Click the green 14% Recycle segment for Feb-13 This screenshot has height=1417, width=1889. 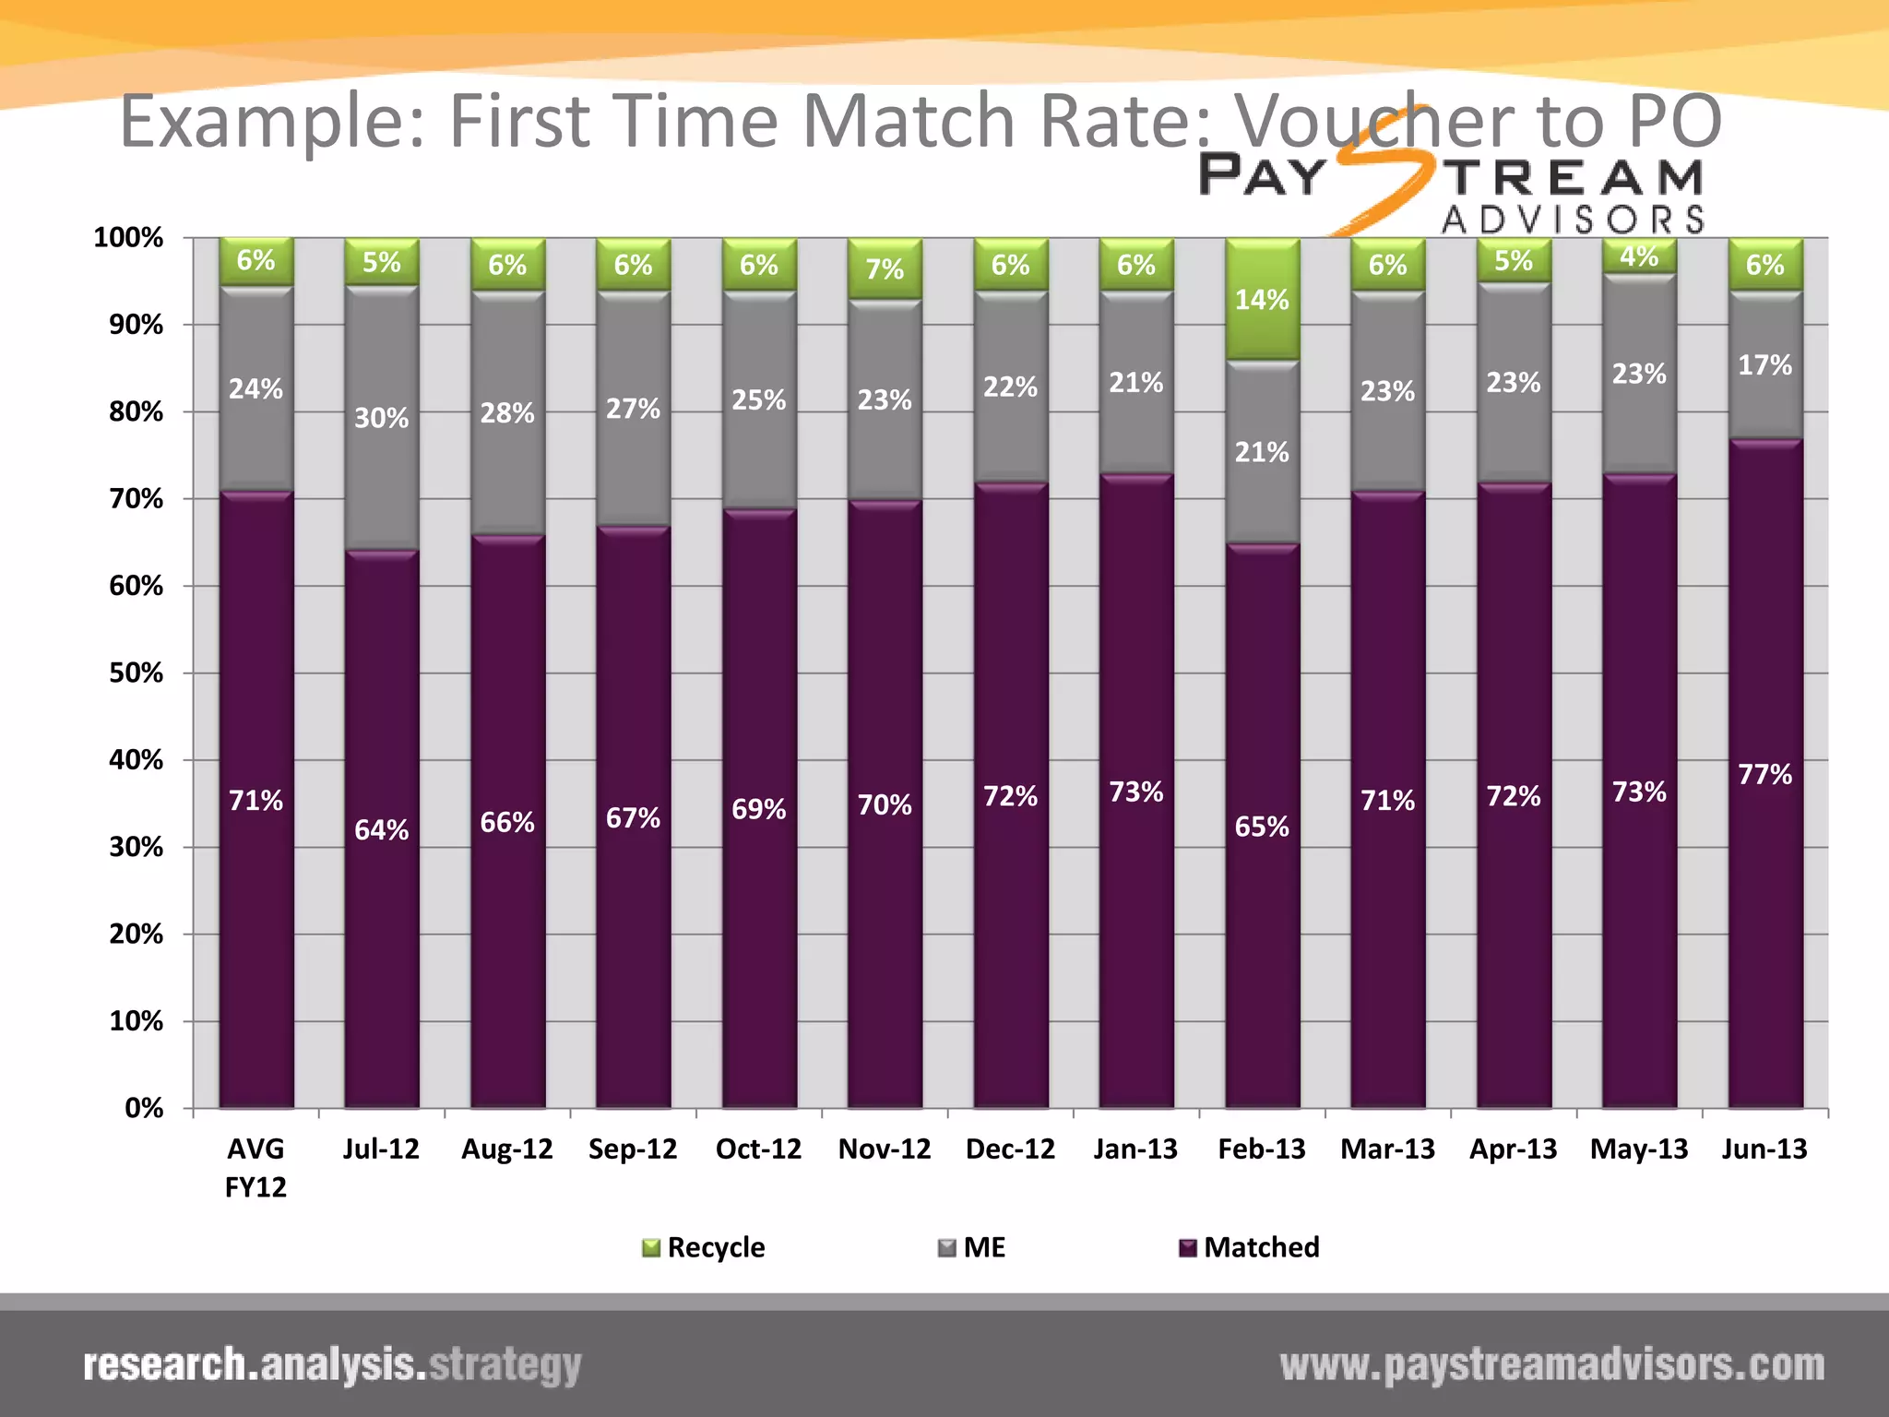[x=1262, y=300]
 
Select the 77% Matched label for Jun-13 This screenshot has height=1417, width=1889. [x=1764, y=774]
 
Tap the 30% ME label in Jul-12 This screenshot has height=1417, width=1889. [x=381, y=418]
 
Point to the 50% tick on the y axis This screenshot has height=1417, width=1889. [x=136, y=673]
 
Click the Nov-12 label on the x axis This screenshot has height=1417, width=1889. [x=884, y=1149]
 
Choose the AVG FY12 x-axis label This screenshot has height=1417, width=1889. [x=255, y=1167]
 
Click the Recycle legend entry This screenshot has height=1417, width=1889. [x=704, y=1247]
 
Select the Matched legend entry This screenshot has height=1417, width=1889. [x=1250, y=1247]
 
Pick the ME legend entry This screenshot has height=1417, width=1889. [x=972, y=1247]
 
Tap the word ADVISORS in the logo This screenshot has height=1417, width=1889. [x=1573, y=220]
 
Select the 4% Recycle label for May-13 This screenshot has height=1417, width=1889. [x=1639, y=256]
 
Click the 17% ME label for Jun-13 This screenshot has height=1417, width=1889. [x=1764, y=365]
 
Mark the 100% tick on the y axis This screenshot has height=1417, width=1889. [x=128, y=238]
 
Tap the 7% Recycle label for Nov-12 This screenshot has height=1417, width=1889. [x=884, y=269]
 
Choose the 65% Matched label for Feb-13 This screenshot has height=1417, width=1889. [x=1262, y=827]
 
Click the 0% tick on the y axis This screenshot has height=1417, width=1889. [x=144, y=1108]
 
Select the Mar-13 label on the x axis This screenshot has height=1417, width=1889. [x=1387, y=1149]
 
